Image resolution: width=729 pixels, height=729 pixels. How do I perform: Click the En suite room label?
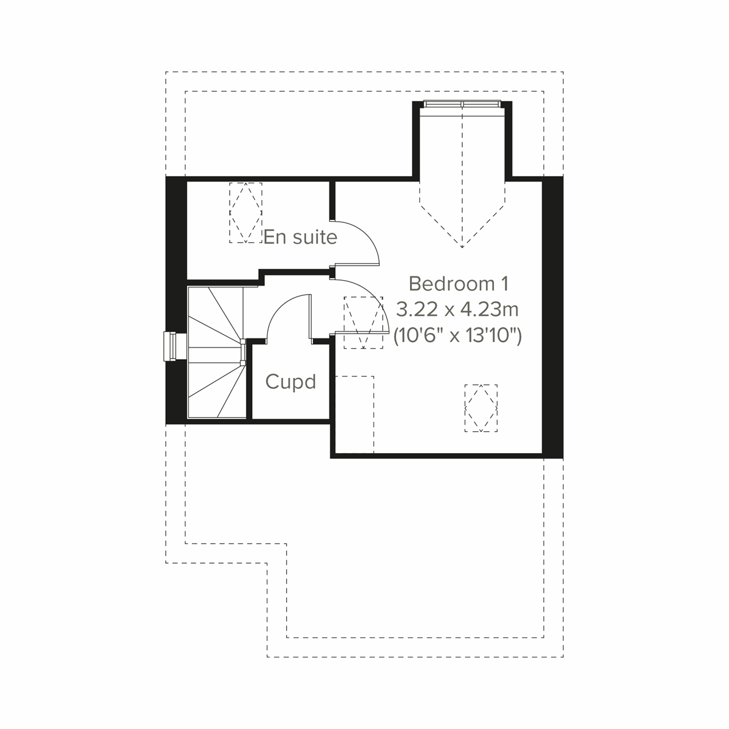pos(300,237)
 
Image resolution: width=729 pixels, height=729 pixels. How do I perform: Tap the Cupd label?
pos(291,382)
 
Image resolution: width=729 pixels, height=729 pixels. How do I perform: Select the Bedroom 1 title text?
pos(458,284)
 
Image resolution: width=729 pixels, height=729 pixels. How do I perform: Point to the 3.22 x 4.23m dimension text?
pos(457,310)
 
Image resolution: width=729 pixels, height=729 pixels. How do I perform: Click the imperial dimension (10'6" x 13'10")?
pos(457,335)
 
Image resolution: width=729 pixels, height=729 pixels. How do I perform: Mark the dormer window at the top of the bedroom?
pos(462,105)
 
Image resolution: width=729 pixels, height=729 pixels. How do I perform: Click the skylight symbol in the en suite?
pos(245,212)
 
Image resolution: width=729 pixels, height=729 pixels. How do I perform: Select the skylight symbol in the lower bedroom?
pos(481,408)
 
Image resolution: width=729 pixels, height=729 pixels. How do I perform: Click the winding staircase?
pos(216,352)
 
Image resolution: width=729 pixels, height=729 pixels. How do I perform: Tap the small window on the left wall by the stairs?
pos(172,347)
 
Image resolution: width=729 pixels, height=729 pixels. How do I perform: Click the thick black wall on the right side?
pos(552,316)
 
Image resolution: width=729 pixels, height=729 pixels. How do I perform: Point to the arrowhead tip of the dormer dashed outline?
pos(462,247)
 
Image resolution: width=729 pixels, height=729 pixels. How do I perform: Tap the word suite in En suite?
pos(314,237)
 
